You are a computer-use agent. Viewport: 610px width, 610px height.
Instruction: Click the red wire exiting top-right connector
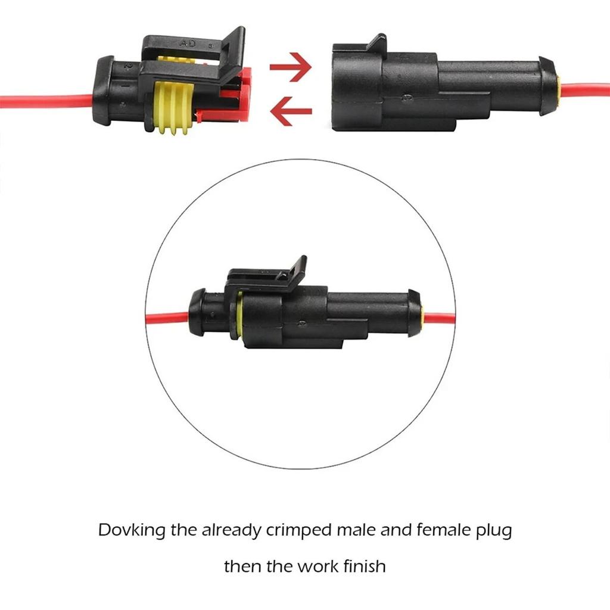(x=587, y=91)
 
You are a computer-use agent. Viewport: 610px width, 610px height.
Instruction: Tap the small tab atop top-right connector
(x=376, y=43)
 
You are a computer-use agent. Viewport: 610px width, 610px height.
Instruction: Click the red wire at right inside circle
(x=439, y=318)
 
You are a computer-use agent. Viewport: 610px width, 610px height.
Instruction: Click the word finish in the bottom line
(x=363, y=565)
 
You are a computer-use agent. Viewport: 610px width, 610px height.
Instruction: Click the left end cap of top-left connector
(x=104, y=91)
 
